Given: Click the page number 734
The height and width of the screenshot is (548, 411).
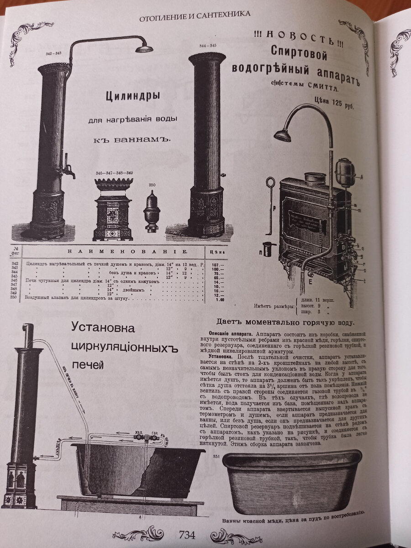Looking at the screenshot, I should [x=187, y=535].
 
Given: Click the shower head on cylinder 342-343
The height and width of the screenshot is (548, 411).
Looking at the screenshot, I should [x=143, y=48].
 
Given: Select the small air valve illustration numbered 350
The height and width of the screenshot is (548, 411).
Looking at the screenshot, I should [x=152, y=211].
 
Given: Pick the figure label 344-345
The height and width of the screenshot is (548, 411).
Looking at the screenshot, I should [x=208, y=46].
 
